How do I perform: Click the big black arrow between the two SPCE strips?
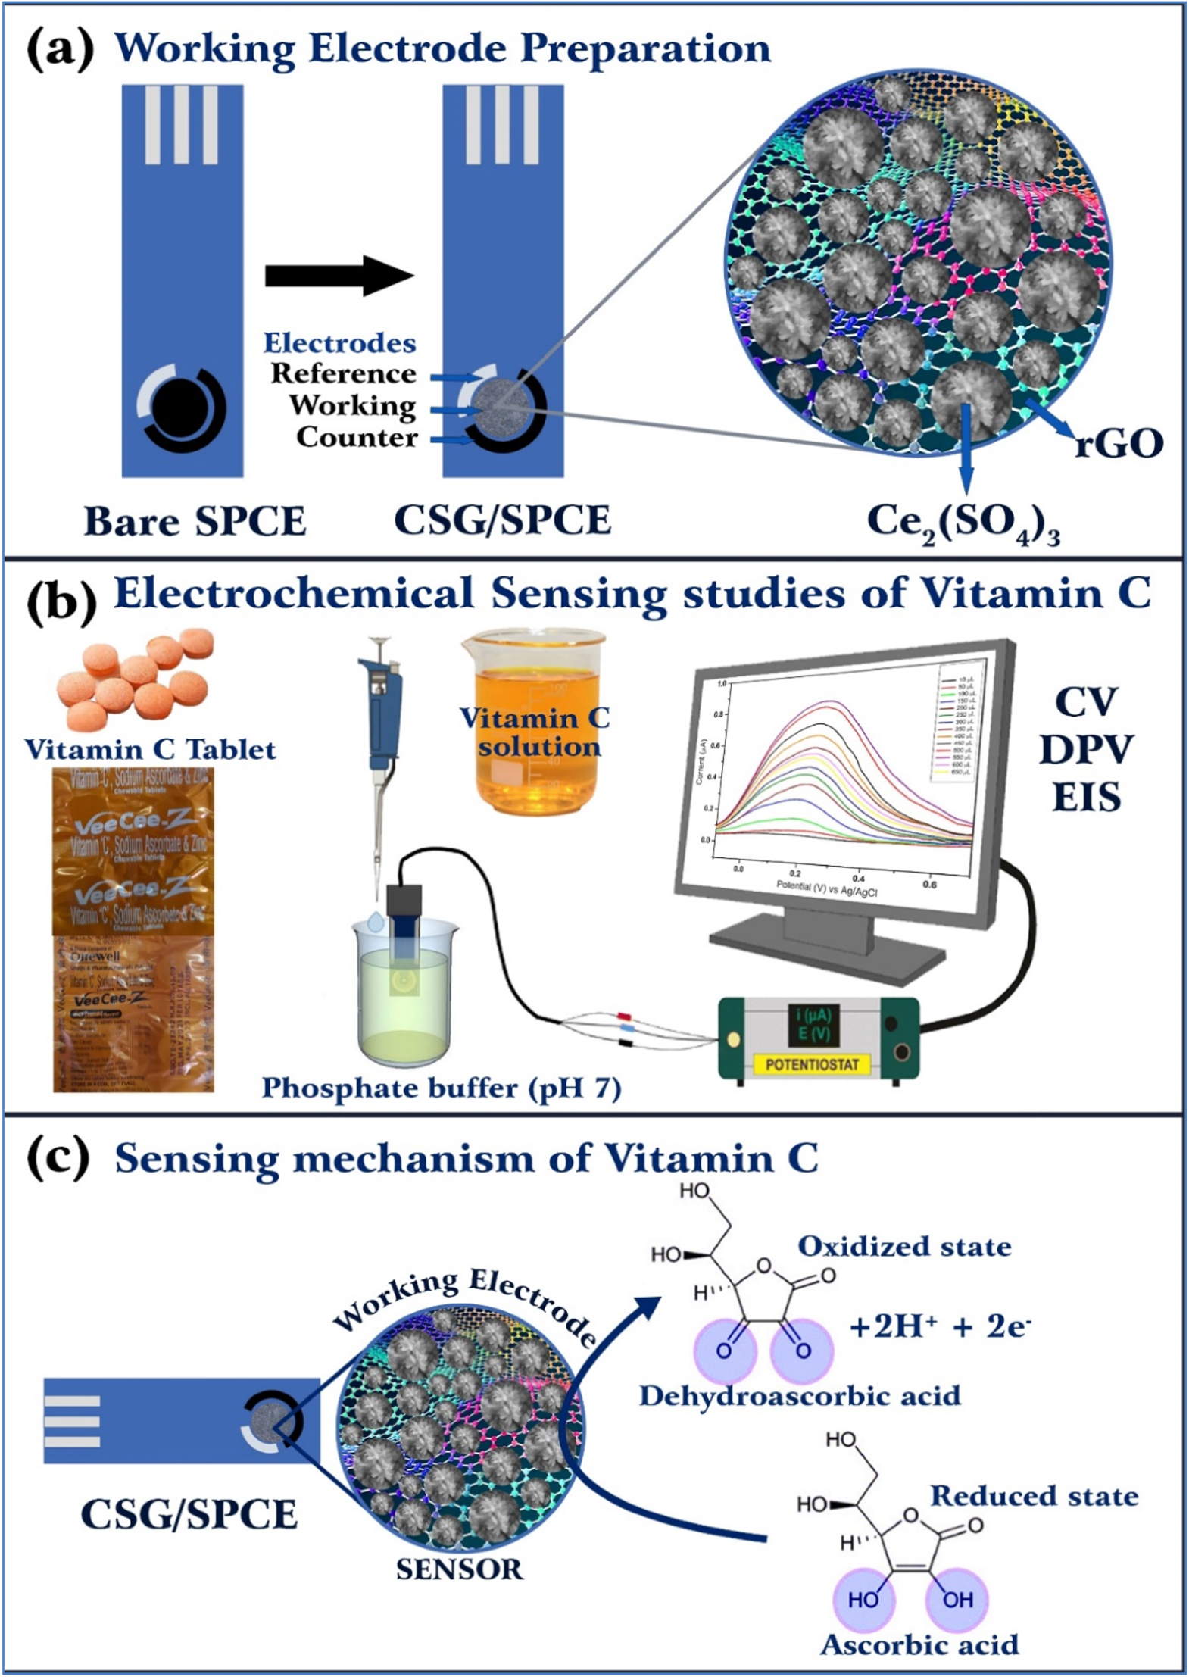339,275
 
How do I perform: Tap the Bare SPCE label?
195,521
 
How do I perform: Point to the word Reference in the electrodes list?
344,373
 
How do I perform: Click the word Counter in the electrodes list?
357,437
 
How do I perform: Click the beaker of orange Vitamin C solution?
535,723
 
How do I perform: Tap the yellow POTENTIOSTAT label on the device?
812,1064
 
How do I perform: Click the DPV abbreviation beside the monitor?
1085,750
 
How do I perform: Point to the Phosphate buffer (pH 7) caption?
442,1088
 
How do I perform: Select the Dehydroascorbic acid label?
800,1395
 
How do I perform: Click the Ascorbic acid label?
919,1644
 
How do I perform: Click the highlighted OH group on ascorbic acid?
958,1599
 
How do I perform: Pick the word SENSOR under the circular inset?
459,1569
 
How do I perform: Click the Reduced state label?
1034,1496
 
